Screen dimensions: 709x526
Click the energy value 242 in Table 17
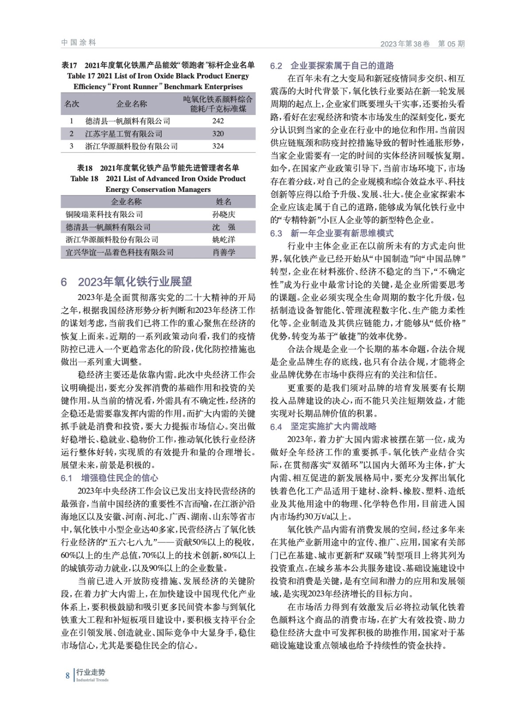218,121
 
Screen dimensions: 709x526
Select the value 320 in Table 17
218,133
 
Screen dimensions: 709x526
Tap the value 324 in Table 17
218,146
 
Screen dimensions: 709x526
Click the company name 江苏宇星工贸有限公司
124,133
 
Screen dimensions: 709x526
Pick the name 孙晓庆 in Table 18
224,214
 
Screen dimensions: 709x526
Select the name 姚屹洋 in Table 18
224,240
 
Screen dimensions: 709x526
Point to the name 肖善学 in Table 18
224,252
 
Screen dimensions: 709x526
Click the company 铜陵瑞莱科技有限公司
104,214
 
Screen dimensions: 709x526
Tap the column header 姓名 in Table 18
224,202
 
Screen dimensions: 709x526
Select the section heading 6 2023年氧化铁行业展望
127,282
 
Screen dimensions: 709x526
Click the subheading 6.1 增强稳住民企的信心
109,478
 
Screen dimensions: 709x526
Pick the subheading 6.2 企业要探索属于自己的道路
332,66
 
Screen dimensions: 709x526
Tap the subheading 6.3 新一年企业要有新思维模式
332,233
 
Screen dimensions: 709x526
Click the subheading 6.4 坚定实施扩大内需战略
323,426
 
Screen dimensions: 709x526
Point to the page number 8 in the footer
67,676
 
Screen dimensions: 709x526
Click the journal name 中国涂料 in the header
78,43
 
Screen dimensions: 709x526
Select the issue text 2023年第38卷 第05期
422,44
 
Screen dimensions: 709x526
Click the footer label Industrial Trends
92,680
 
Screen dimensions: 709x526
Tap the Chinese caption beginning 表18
158,168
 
